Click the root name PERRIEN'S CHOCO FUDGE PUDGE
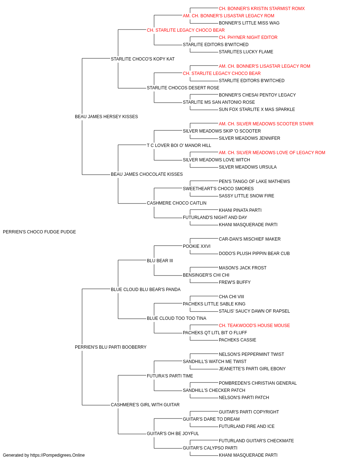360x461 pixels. pyautogui.click(x=39, y=232)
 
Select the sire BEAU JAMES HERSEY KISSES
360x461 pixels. pyautogui.click(x=106, y=116)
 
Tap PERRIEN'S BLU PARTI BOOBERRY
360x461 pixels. pyautogui.click(x=111, y=347)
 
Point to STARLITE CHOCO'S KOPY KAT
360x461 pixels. pyautogui.click(x=143, y=59)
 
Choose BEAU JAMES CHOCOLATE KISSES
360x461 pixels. pyautogui.click(x=147, y=174)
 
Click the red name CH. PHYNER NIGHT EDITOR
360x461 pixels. pyautogui.click(x=248, y=37)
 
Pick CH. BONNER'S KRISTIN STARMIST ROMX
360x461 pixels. pyautogui.click(x=262, y=9)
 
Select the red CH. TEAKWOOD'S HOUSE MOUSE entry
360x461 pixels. pyautogui.click(x=254, y=326)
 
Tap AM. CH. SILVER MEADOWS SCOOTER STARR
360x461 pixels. pyautogui.click(x=266, y=124)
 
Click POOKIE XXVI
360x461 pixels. pyautogui.click(x=197, y=246)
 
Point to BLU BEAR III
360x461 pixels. pyautogui.click(x=160, y=261)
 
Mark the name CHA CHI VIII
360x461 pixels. pyautogui.click(x=231, y=296)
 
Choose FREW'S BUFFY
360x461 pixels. pyautogui.click(x=234, y=282)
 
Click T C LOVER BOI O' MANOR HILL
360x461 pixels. pyautogui.click(x=179, y=146)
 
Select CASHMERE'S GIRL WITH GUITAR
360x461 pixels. pyautogui.click(x=145, y=405)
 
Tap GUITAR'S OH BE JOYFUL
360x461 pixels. pyautogui.click(x=173, y=434)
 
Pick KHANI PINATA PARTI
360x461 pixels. pyautogui.click(x=240, y=210)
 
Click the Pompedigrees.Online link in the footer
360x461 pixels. pyautogui.click(x=57, y=455)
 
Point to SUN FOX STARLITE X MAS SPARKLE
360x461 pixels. pyautogui.click(x=257, y=109)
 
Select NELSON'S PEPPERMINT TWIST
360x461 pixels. pyautogui.click(x=251, y=354)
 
